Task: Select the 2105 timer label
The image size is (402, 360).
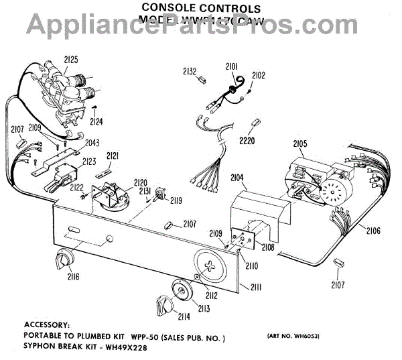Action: [x=300, y=143]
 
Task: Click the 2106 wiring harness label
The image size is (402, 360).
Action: [x=373, y=231]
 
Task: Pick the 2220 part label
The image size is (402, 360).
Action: [x=247, y=141]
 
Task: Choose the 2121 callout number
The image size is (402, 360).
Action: [x=113, y=156]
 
